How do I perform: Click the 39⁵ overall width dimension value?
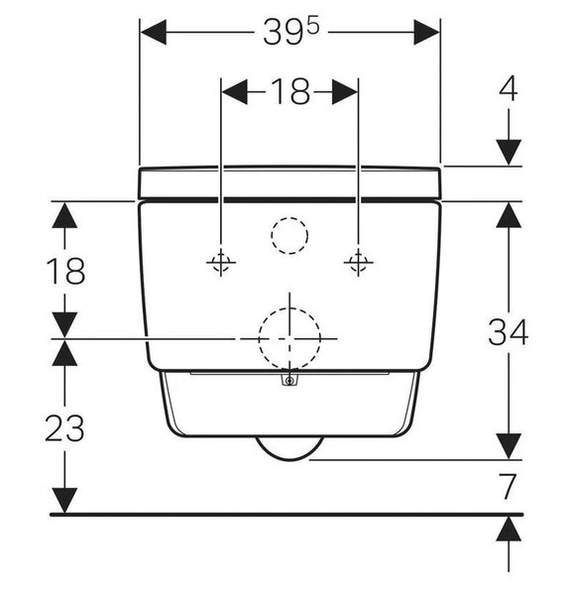tap(291, 33)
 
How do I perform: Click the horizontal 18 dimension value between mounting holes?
tap(290, 91)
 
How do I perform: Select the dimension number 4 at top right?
tap(508, 88)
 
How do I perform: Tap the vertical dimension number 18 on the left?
tap(65, 270)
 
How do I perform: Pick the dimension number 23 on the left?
tap(64, 427)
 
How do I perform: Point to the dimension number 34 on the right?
tap(508, 332)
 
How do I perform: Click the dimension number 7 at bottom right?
tap(508, 487)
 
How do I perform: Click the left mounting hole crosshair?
tap(221, 262)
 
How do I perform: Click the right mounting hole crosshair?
tap(358, 262)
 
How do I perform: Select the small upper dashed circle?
tap(289, 217)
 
